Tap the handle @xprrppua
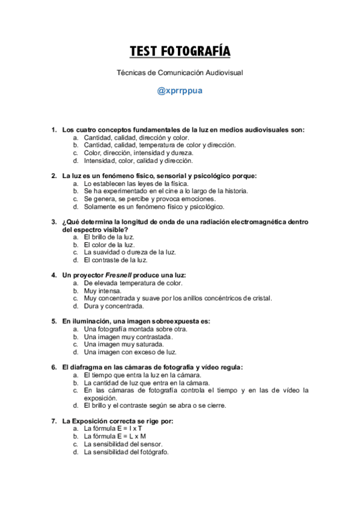[x=180, y=91]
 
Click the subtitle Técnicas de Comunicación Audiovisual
[x=180, y=72]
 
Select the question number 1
[x=53, y=129]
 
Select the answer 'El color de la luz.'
[x=109, y=245]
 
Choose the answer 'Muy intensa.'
[x=102, y=290]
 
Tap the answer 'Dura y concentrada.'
[x=114, y=306]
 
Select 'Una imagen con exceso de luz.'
[x=130, y=352]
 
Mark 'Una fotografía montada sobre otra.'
[x=136, y=329]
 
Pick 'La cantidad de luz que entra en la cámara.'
[x=147, y=382]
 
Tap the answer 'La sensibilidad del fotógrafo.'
[x=126, y=452]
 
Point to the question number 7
[x=53, y=421]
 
